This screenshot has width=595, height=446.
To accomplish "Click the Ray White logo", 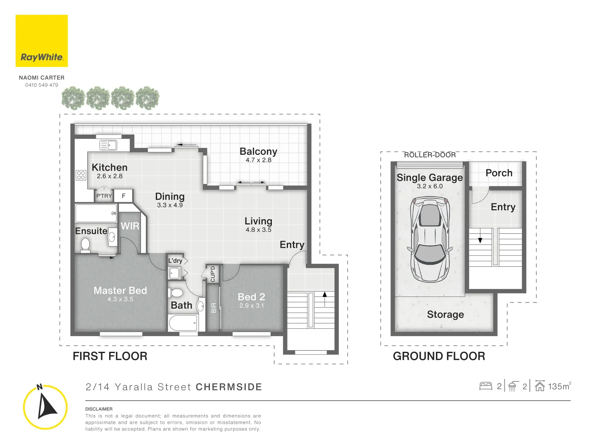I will tap(42, 41).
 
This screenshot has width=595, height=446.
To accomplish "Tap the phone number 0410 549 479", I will tap(42, 85).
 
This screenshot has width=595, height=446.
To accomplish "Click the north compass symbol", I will tap(45, 407).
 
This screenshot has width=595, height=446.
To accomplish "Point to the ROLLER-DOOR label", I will tap(430, 155).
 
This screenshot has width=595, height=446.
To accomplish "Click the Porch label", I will tap(499, 173).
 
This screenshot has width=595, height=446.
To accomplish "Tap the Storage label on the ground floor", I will tap(445, 315).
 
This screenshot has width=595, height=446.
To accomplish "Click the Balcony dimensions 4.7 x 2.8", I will tap(258, 160).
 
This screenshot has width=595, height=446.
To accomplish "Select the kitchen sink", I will tap(109, 145).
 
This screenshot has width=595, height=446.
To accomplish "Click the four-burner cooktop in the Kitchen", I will tap(81, 175).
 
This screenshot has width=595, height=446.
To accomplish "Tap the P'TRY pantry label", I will tap(104, 196).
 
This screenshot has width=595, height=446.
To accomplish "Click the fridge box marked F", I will tap(124, 196).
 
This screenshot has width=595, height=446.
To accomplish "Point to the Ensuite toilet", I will tap(86, 244).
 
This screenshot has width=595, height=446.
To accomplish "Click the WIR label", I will tap(130, 226).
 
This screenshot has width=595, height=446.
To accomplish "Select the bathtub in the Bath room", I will tap(183, 323).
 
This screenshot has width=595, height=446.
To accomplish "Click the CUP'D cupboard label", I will tap(213, 274).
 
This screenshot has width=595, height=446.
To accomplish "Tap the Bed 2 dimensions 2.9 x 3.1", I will tap(251, 306).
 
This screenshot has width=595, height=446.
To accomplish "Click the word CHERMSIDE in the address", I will tap(229, 387).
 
